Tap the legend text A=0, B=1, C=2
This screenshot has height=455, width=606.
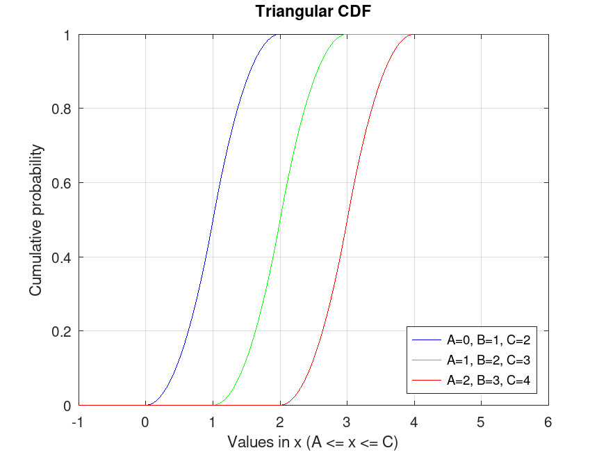(x=489, y=340)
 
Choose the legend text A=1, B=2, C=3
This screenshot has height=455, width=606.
(x=489, y=360)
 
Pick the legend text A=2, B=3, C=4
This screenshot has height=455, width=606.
(x=489, y=380)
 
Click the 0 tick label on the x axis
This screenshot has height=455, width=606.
(x=145, y=421)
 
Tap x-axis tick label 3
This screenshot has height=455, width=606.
(x=346, y=421)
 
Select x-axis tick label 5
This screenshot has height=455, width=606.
(x=481, y=421)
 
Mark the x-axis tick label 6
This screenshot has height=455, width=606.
(x=548, y=421)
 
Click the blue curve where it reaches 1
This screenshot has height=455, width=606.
(x=279, y=35)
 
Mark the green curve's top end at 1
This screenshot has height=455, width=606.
(x=345, y=35)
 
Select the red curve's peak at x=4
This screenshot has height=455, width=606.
(x=413, y=35)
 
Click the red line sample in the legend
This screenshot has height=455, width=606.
(x=427, y=380)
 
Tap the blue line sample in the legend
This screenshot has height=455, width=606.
(x=427, y=340)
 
